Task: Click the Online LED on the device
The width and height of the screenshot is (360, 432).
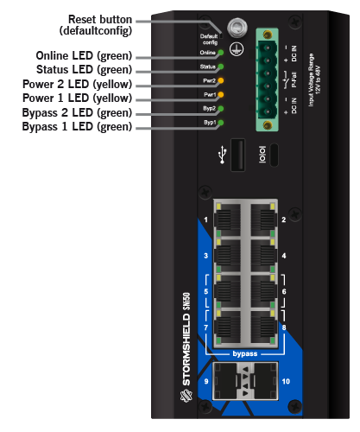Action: click(x=221, y=53)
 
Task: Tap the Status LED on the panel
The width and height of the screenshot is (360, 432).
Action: click(x=221, y=67)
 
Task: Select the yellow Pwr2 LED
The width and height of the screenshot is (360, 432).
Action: click(x=221, y=80)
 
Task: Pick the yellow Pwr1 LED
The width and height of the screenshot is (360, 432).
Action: click(x=221, y=94)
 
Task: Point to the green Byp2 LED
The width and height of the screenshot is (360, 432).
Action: click(x=221, y=109)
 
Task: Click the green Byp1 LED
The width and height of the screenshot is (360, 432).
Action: click(x=221, y=123)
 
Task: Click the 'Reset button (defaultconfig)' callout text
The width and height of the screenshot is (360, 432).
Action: click(x=96, y=25)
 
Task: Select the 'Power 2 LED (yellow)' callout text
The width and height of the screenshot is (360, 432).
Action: click(x=77, y=85)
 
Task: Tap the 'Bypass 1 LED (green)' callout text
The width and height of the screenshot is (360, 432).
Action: click(x=77, y=127)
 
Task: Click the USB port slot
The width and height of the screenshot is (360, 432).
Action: click(x=238, y=155)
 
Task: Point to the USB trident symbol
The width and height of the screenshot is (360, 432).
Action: click(x=222, y=155)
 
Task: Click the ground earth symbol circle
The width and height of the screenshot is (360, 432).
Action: click(x=237, y=48)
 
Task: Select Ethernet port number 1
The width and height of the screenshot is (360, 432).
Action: click(x=228, y=219)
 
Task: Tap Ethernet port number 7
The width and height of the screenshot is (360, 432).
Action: click(x=228, y=327)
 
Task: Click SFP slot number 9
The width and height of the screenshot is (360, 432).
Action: click(x=224, y=381)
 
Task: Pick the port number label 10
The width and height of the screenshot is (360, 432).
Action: click(x=286, y=381)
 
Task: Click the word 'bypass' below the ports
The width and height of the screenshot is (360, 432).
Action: click(x=245, y=353)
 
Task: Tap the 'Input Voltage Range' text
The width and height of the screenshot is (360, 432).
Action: click(x=311, y=79)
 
